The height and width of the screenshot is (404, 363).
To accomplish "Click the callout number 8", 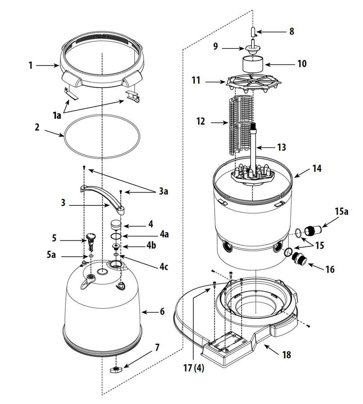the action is (x=292, y=31).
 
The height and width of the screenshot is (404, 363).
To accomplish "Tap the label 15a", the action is (x=341, y=211).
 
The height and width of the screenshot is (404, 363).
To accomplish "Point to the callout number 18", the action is (x=287, y=355).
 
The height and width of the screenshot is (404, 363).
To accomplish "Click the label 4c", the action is (x=164, y=267).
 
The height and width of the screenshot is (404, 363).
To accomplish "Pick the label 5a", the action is (x=51, y=255).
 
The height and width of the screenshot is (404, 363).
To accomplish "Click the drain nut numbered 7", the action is (x=116, y=369).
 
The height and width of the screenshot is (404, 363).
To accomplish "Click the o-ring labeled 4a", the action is (x=116, y=236).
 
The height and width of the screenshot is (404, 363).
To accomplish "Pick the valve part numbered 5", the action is (x=91, y=243).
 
